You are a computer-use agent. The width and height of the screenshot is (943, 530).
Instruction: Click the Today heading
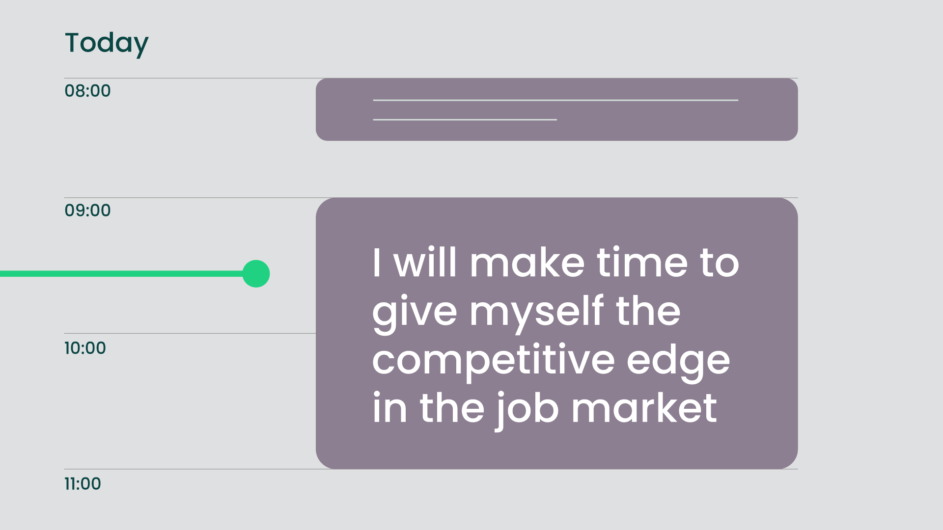(x=107, y=44)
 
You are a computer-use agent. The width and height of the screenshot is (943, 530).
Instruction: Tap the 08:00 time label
(x=87, y=91)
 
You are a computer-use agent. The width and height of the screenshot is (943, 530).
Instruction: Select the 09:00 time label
(x=87, y=211)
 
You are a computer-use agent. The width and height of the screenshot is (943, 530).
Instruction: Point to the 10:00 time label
(x=85, y=348)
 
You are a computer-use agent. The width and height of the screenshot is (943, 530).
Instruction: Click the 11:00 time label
(x=83, y=484)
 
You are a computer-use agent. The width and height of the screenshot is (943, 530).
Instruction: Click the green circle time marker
(x=256, y=274)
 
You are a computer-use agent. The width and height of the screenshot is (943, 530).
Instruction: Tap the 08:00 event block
(x=556, y=109)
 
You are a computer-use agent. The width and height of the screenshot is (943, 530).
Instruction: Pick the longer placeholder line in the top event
(x=555, y=100)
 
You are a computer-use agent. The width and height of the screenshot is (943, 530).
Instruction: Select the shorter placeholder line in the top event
(x=465, y=119)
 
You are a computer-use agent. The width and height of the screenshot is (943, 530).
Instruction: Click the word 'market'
(x=644, y=408)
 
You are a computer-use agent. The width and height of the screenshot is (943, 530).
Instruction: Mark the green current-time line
(x=122, y=274)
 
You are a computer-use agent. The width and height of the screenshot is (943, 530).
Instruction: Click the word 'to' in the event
(x=720, y=264)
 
